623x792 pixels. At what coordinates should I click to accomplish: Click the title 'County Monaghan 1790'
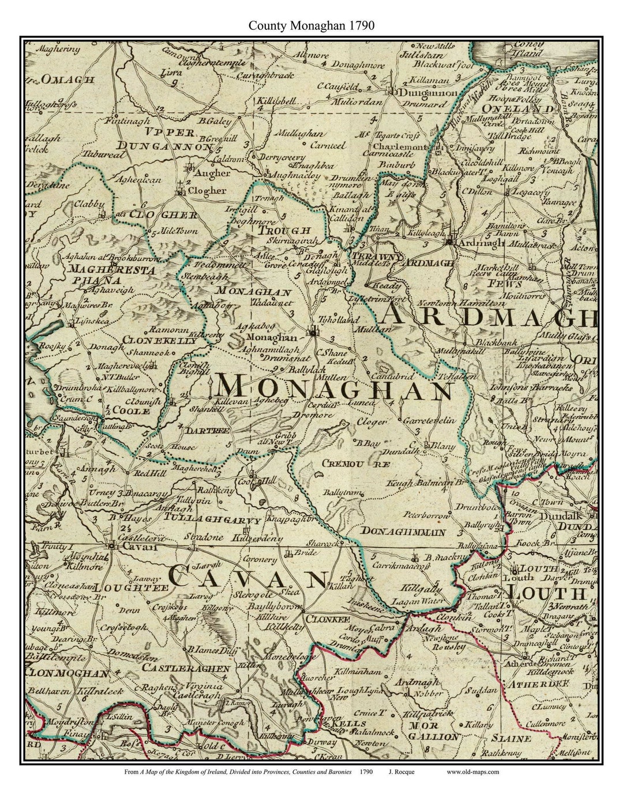point(311,26)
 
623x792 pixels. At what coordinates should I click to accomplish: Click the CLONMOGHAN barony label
point(68,673)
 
